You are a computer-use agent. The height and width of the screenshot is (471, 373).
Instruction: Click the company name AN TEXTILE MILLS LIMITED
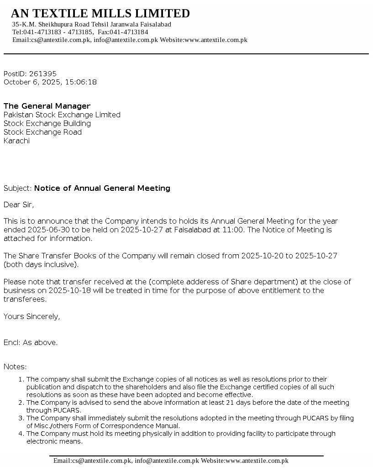[100, 13]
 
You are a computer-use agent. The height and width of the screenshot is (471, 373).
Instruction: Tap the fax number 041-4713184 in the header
[129, 32]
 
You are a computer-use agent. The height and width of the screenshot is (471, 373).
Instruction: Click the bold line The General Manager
[47, 106]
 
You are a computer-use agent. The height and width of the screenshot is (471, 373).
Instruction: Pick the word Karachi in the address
[16, 141]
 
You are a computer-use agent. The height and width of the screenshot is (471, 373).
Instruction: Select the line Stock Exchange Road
[42, 132]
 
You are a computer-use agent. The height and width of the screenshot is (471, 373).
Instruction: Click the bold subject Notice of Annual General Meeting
[102, 188]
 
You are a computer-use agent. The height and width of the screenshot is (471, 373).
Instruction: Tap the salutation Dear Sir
[19, 204]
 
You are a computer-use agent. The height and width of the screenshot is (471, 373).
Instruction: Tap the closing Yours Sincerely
[32, 316]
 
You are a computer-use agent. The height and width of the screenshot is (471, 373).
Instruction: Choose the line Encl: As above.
[31, 342]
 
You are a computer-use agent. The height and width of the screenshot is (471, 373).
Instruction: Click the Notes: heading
[15, 366]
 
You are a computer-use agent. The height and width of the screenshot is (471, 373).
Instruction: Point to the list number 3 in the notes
[21, 418]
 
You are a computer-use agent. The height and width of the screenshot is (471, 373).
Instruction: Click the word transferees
[25, 299]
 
